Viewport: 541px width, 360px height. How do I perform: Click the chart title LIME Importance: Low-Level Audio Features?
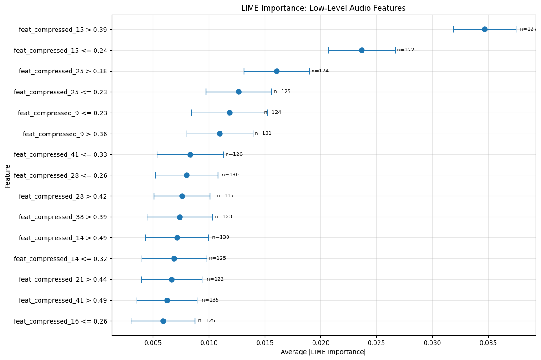pos(323,8)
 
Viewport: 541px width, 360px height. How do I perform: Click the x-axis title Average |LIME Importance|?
pos(323,352)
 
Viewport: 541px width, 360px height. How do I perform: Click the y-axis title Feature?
pos(8,175)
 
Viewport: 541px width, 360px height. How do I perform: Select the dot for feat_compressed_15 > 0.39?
pos(485,29)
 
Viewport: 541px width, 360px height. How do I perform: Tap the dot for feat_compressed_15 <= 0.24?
pos(362,50)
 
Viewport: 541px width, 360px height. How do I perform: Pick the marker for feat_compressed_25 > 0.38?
pos(277,71)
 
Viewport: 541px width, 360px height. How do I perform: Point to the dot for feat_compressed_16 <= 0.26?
pos(163,321)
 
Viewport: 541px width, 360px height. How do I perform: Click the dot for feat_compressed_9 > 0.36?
pos(220,134)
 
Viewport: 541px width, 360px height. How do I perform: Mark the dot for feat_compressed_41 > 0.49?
pos(167,300)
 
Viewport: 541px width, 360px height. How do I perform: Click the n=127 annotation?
pos(528,29)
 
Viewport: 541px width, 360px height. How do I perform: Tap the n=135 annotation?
pos(210,300)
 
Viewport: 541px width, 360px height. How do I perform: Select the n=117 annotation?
pos(225,196)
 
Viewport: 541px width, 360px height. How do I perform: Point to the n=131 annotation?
pos(263,134)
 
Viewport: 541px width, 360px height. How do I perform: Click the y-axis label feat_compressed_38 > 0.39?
pos(63,217)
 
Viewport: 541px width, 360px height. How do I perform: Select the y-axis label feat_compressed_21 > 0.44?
pos(63,279)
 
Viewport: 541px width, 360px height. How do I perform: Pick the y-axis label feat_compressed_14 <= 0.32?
pos(61,259)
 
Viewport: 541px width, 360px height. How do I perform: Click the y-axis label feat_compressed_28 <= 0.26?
pos(61,175)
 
